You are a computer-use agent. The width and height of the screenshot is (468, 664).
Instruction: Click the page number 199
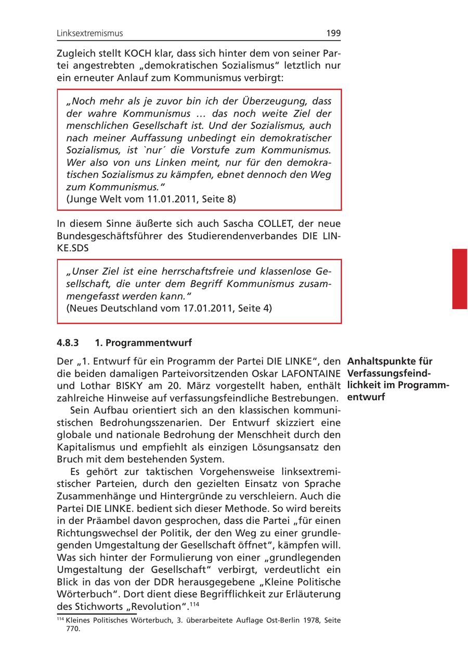click(x=333, y=33)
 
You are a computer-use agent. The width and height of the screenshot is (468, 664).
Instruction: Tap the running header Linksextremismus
click(x=90, y=33)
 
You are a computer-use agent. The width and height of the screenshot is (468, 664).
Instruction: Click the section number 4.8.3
click(x=68, y=343)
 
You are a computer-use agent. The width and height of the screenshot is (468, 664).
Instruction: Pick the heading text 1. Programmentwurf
click(x=144, y=343)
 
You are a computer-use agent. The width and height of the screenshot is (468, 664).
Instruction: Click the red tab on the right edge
click(x=460, y=278)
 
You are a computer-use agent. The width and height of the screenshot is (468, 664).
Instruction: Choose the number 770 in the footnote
click(x=73, y=629)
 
